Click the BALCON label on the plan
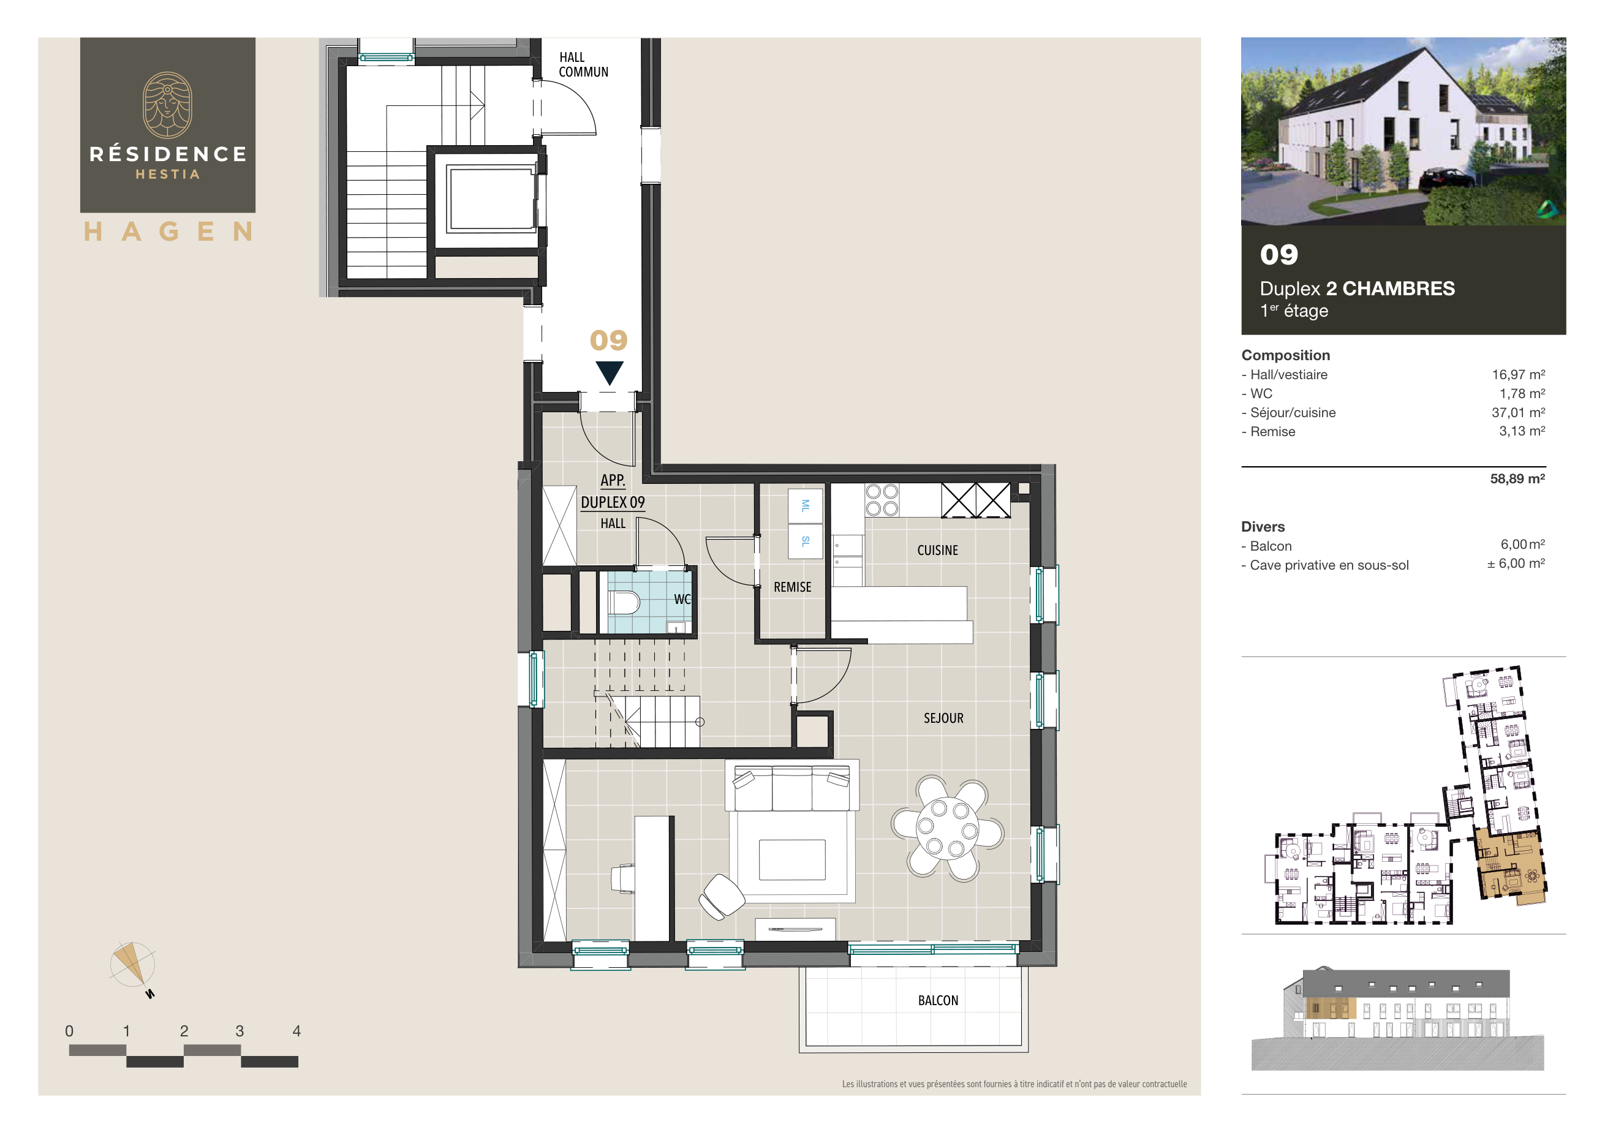click(938, 1000)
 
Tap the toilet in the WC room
click(624, 601)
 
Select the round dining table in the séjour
click(947, 828)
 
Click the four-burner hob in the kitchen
click(882, 500)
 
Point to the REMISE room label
click(792, 587)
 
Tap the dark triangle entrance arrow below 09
click(609, 372)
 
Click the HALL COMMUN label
click(583, 64)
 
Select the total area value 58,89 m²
click(1517, 479)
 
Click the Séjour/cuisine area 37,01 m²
click(1517, 412)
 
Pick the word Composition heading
click(1285, 355)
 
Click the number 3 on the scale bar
click(240, 1031)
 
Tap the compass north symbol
click(132, 965)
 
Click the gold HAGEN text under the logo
click(168, 232)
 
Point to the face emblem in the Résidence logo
click(168, 105)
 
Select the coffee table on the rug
click(791, 859)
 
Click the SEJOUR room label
click(943, 718)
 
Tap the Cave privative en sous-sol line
click(1328, 565)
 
